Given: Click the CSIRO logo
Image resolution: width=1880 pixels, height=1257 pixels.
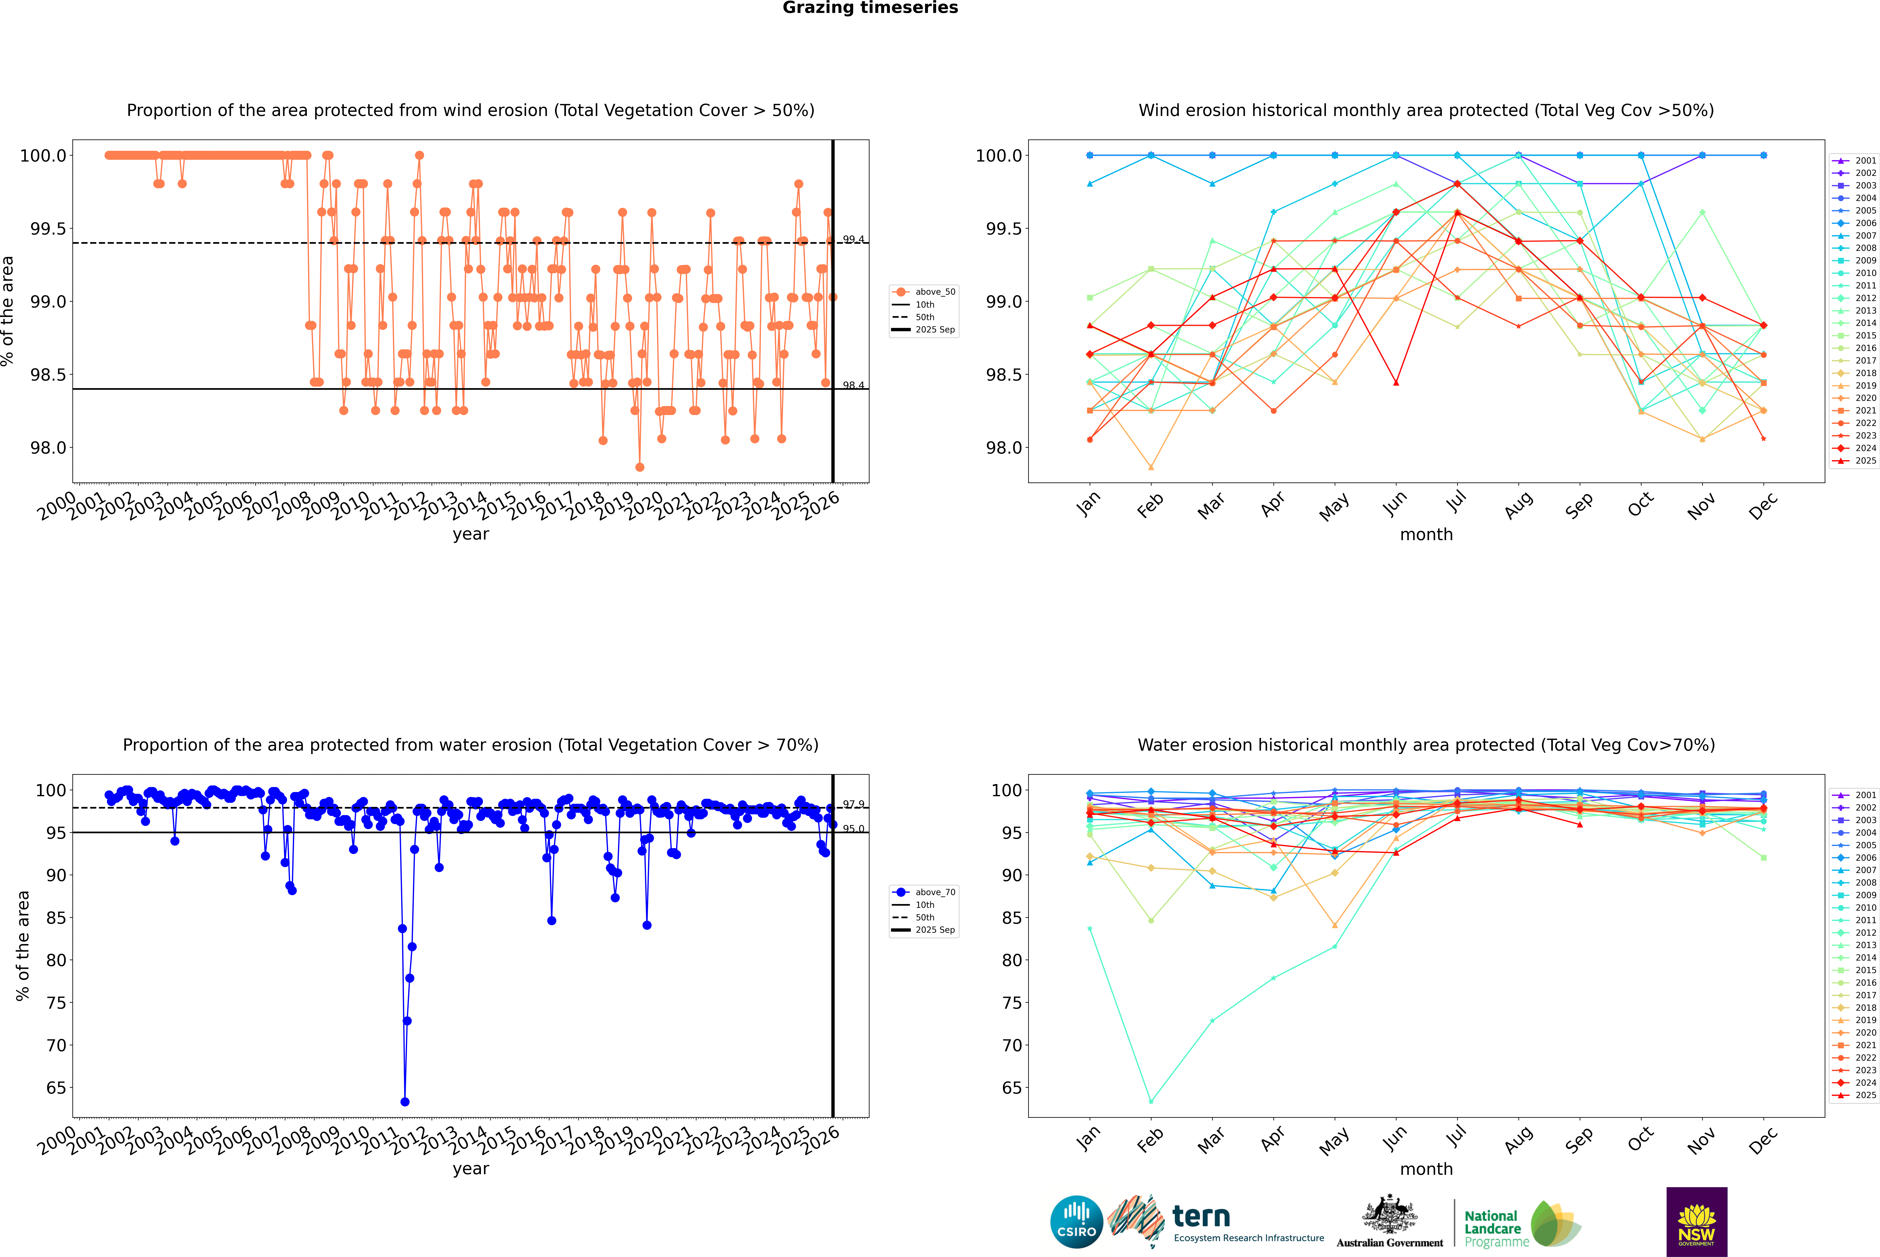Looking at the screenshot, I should pos(1076,1222).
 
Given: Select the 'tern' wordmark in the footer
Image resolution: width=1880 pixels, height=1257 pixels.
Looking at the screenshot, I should pos(1200,1217).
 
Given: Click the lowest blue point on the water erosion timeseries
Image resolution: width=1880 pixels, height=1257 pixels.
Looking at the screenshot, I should pos(405,1101).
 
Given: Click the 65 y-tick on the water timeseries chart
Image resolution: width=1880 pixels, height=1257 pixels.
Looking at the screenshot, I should pos(56,1088).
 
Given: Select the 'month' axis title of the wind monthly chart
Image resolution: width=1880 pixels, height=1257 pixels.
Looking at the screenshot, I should pos(1426,535).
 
